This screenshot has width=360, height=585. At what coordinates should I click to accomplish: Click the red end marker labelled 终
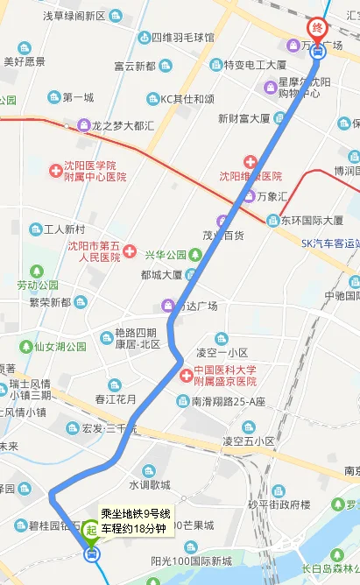[317, 28]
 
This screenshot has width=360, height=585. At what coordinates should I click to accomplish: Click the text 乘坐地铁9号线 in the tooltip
[135, 513]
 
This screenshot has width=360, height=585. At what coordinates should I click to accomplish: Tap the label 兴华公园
[166, 255]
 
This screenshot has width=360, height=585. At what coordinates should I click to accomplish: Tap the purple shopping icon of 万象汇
[250, 194]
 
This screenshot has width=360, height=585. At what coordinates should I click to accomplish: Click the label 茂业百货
[222, 235]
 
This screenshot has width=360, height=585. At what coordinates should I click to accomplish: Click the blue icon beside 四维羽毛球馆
[143, 39]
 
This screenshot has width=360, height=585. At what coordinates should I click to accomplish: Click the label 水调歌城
[150, 484]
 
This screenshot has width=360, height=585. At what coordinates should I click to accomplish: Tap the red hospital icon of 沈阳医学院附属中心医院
[54, 165]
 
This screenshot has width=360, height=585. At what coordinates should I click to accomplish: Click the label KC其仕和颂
[187, 98]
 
